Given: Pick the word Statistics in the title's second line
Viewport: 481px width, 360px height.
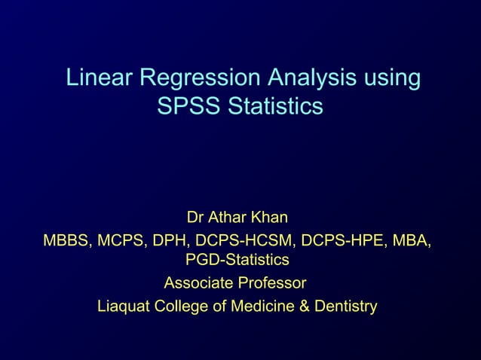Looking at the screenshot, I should tap(274, 106).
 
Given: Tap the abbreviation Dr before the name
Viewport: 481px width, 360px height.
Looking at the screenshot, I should tap(195, 218).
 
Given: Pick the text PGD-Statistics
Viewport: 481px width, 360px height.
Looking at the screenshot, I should tap(237, 261).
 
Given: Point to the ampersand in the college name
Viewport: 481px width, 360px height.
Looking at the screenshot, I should tap(294, 307).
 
